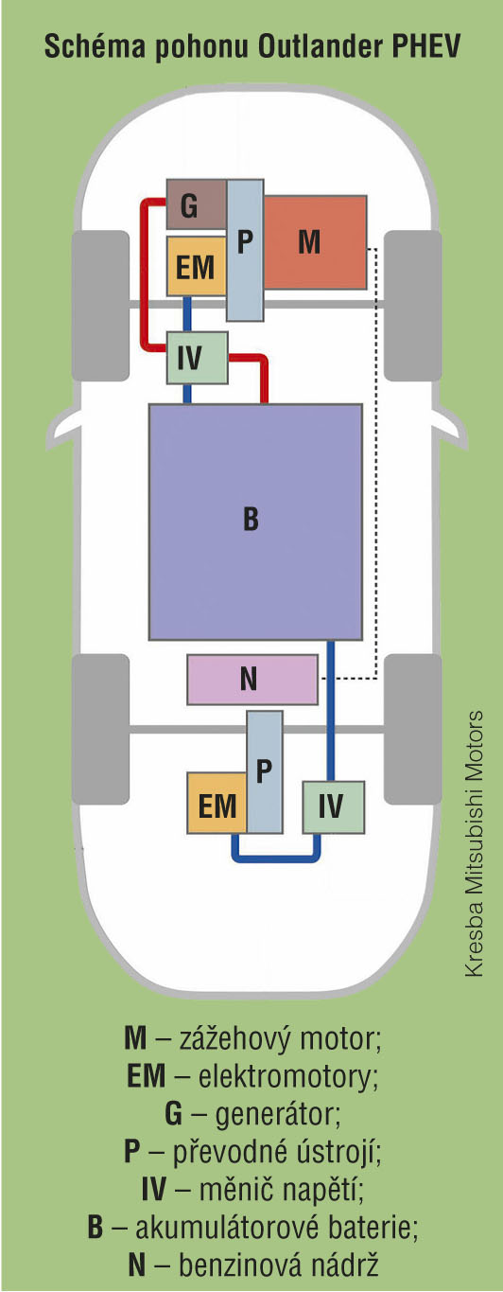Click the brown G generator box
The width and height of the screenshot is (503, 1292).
coord(197,204)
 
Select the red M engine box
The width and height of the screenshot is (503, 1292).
coord(315,242)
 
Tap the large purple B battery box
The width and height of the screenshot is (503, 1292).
coord(256,522)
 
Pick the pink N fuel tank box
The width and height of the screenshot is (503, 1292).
coord(252,680)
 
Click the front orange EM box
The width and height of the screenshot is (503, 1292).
coord(196,267)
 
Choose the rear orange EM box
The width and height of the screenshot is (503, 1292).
coord(217,804)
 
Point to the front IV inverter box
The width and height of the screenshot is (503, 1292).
coord(197,358)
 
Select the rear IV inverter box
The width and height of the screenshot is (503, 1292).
coord(334,807)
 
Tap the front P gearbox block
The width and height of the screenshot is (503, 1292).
coord(245,250)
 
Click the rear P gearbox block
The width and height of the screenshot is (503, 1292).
coord(265,771)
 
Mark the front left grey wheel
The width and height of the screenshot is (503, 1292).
coord(100,306)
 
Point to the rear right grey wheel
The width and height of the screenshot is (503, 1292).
coord(413,729)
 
